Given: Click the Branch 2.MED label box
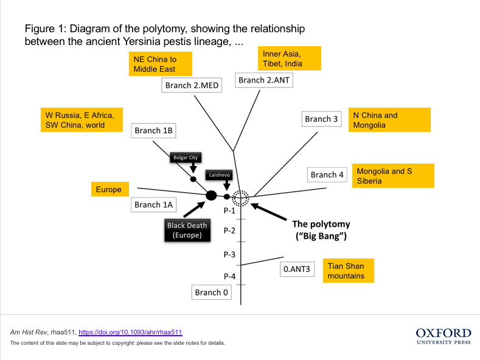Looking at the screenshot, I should (x=192, y=85).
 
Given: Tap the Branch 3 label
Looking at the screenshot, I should (x=321, y=119).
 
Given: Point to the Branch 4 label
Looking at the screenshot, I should (x=327, y=175).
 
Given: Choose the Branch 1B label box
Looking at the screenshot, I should (x=155, y=130).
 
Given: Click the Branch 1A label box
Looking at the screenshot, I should (x=155, y=205).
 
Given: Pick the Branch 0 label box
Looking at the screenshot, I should (x=212, y=292).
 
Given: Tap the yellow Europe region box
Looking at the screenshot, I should (x=109, y=190).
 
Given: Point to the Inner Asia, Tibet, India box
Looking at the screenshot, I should (x=288, y=58).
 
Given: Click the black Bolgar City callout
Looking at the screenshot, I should (x=185, y=157).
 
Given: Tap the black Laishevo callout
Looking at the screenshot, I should (x=219, y=175).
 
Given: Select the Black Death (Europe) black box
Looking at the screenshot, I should (x=187, y=230).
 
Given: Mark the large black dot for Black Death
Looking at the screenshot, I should (x=211, y=195).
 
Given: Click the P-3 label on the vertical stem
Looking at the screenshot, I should (x=229, y=254).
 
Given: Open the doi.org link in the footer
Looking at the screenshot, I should (x=130, y=333).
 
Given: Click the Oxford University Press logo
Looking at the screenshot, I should (x=443, y=336).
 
